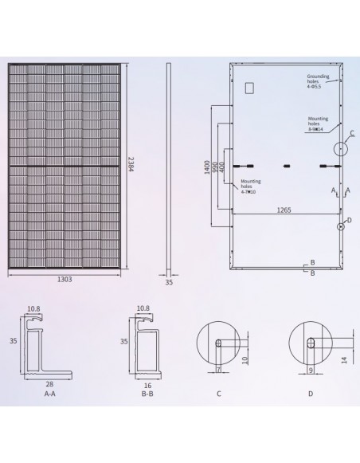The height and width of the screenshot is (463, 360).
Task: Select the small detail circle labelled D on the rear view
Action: (x=341, y=226)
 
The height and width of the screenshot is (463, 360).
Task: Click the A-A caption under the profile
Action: (x=49, y=393)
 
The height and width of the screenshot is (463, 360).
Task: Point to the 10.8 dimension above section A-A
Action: (x=33, y=308)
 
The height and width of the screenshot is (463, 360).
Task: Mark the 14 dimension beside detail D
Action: (x=343, y=360)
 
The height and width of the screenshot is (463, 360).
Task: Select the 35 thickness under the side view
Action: (x=170, y=281)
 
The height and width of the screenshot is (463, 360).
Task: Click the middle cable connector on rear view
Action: (x=286, y=166)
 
